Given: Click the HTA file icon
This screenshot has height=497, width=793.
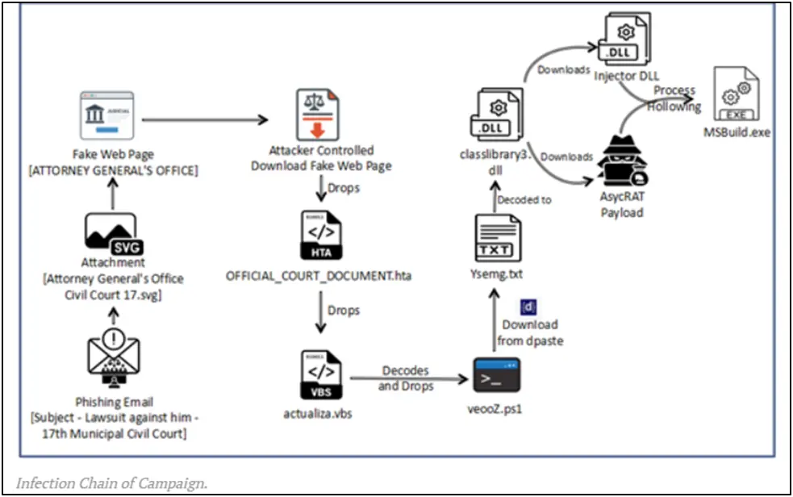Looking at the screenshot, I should pos(319,237).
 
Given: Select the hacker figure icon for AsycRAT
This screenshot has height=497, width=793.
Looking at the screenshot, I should pos(621,168).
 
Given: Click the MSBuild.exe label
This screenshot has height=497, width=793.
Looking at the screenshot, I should pos(737,132).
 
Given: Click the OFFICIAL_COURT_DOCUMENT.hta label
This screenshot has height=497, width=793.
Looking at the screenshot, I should pos(319,277).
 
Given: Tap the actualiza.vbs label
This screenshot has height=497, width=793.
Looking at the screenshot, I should pos(319,414).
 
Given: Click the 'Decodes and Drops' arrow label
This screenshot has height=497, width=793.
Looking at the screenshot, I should pos(406,378).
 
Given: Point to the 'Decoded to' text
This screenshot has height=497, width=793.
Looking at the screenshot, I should pos(524,199).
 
